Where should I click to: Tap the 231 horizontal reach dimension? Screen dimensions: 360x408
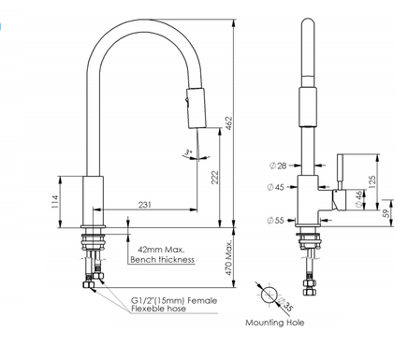(146, 205)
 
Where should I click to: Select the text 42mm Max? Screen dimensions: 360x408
(161, 250)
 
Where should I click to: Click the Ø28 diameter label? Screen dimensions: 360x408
(277, 166)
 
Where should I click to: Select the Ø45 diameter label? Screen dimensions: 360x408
(277, 186)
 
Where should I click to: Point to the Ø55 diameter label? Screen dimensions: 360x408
(277, 221)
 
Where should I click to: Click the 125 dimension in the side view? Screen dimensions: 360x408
(373, 178)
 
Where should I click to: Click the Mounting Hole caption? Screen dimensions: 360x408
(274, 323)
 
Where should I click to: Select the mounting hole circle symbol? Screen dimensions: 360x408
(271, 295)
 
